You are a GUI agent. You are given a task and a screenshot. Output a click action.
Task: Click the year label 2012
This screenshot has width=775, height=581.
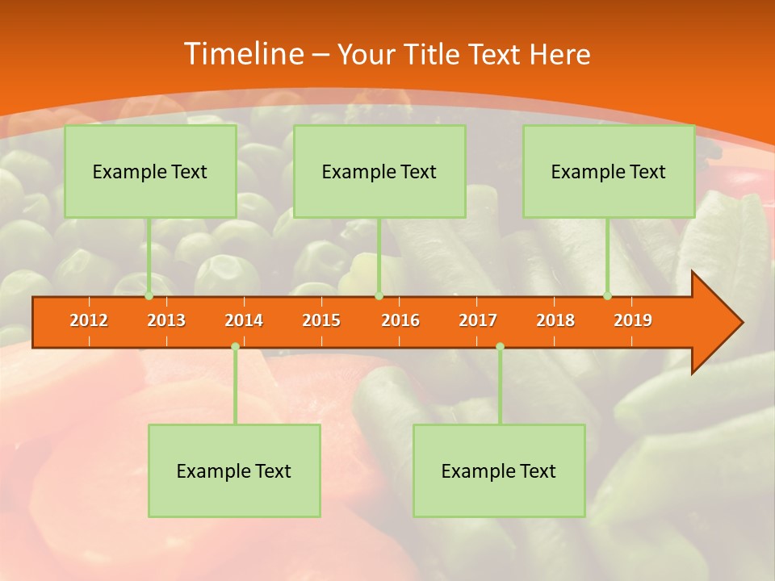[x=89, y=320]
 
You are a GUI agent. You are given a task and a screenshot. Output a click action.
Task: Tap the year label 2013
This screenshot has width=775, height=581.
[x=166, y=320]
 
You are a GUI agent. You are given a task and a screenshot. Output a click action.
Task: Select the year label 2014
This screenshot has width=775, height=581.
[x=244, y=320]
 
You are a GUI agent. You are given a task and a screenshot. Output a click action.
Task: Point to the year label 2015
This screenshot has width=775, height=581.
[x=321, y=320]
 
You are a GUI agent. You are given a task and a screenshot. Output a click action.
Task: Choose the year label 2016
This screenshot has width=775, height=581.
[x=400, y=320]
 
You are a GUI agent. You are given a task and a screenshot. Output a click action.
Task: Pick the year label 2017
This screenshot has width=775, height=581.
[x=478, y=320]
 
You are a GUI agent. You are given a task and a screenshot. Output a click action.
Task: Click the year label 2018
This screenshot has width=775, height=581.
[x=555, y=320]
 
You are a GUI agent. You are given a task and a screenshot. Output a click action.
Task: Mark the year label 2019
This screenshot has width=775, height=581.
[x=633, y=320]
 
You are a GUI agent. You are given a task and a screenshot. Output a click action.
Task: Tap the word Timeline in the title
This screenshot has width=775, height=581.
[x=243, y=54]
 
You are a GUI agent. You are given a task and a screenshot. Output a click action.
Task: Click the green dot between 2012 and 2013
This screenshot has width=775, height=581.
[x=149, y=296]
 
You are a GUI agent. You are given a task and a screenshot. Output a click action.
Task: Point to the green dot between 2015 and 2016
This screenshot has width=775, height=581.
[x=379, y=296]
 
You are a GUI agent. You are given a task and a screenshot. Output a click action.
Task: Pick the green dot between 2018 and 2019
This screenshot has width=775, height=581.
[x=608, y=296]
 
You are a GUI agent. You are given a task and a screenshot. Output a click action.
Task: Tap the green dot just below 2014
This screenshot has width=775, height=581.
[x=235, y=346]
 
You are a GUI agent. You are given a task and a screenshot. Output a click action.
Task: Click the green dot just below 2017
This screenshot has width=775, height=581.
[x=500, y=346]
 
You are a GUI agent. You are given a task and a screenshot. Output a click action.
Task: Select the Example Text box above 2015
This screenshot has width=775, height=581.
[x=379, y=171]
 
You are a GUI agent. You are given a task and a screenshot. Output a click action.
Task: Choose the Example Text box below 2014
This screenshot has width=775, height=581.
[x=234, y=470]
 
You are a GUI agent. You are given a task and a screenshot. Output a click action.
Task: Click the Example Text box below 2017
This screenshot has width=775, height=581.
[x=499, y=470]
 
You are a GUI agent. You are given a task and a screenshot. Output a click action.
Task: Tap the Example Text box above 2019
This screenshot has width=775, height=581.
[x=609, y=171]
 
